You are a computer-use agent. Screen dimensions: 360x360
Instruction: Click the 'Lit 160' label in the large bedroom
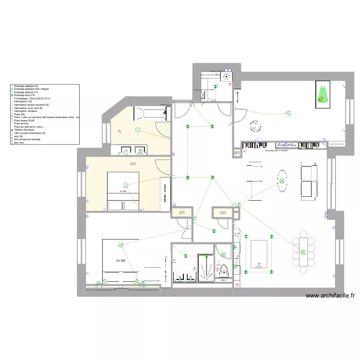tap(120, 260)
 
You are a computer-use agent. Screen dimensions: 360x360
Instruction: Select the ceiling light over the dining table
tap(303, 253)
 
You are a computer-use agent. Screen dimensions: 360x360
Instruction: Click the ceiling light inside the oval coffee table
tap(282, 181)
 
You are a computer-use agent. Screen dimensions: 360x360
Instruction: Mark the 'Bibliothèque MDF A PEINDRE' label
tap(276, 151)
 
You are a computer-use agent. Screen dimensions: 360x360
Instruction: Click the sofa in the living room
tap(308, 181)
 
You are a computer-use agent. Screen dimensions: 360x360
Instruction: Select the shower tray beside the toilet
tap(205, 267)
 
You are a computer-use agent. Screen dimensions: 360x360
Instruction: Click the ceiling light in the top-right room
tap(288, 113)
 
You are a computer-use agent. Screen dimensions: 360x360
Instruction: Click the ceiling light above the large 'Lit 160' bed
tap(121, 245)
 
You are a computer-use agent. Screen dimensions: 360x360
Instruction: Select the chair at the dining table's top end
tap(303, 234)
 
